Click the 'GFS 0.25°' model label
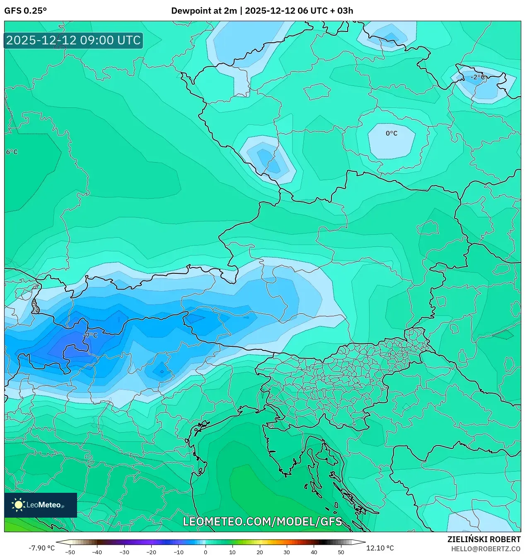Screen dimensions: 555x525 [25, 11]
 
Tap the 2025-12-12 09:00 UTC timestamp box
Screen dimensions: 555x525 [73, 41]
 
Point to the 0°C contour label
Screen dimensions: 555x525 [391, 134]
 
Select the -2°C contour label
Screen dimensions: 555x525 [477, 77]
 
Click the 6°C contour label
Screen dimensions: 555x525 [12, 152]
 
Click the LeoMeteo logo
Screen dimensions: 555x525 [41, 505]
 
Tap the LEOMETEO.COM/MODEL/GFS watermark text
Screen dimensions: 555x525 [262, 521]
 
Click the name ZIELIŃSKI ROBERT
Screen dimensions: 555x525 [484, 539]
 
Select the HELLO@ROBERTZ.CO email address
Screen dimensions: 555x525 [486, 549]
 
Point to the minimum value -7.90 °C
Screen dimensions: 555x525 [41, 548]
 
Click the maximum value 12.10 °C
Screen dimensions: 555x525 [380, 548]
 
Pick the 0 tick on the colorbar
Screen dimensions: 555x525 [206, 552]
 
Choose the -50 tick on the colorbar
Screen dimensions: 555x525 [70, 552]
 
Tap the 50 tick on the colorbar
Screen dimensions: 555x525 [341, 552]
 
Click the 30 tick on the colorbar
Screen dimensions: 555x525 [287, 552]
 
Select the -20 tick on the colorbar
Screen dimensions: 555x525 [151, 552]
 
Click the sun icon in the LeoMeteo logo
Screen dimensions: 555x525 [18, 505]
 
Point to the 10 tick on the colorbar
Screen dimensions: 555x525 [232, 552]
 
